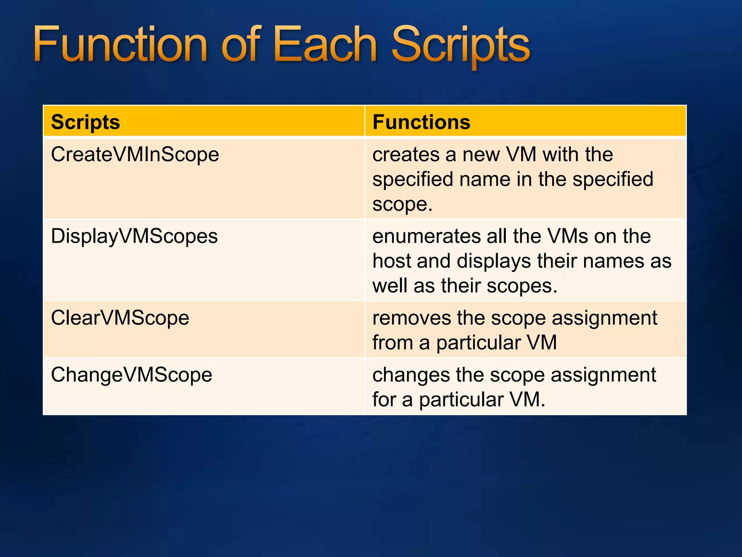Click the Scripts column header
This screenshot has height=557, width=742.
point(86,122)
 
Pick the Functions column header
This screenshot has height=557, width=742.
point(421,122)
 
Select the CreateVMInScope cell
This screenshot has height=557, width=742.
point(135,154)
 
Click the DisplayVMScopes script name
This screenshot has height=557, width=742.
point(134,236)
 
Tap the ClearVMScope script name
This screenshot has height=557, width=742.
point(120,318)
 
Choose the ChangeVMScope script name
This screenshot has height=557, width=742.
point(132,375)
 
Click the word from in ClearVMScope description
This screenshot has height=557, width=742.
point(392,343)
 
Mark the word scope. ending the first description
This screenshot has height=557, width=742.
point(402,204)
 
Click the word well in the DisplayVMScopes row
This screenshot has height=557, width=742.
point(389,286)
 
